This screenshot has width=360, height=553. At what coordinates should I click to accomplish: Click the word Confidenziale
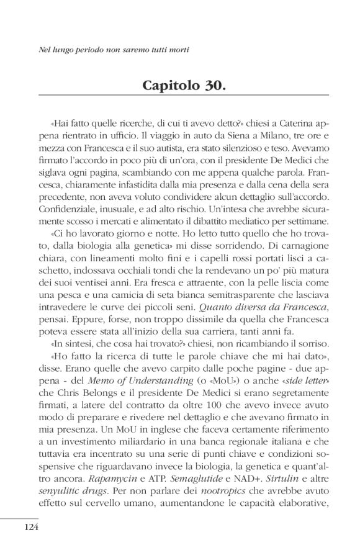coord(68,205)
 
